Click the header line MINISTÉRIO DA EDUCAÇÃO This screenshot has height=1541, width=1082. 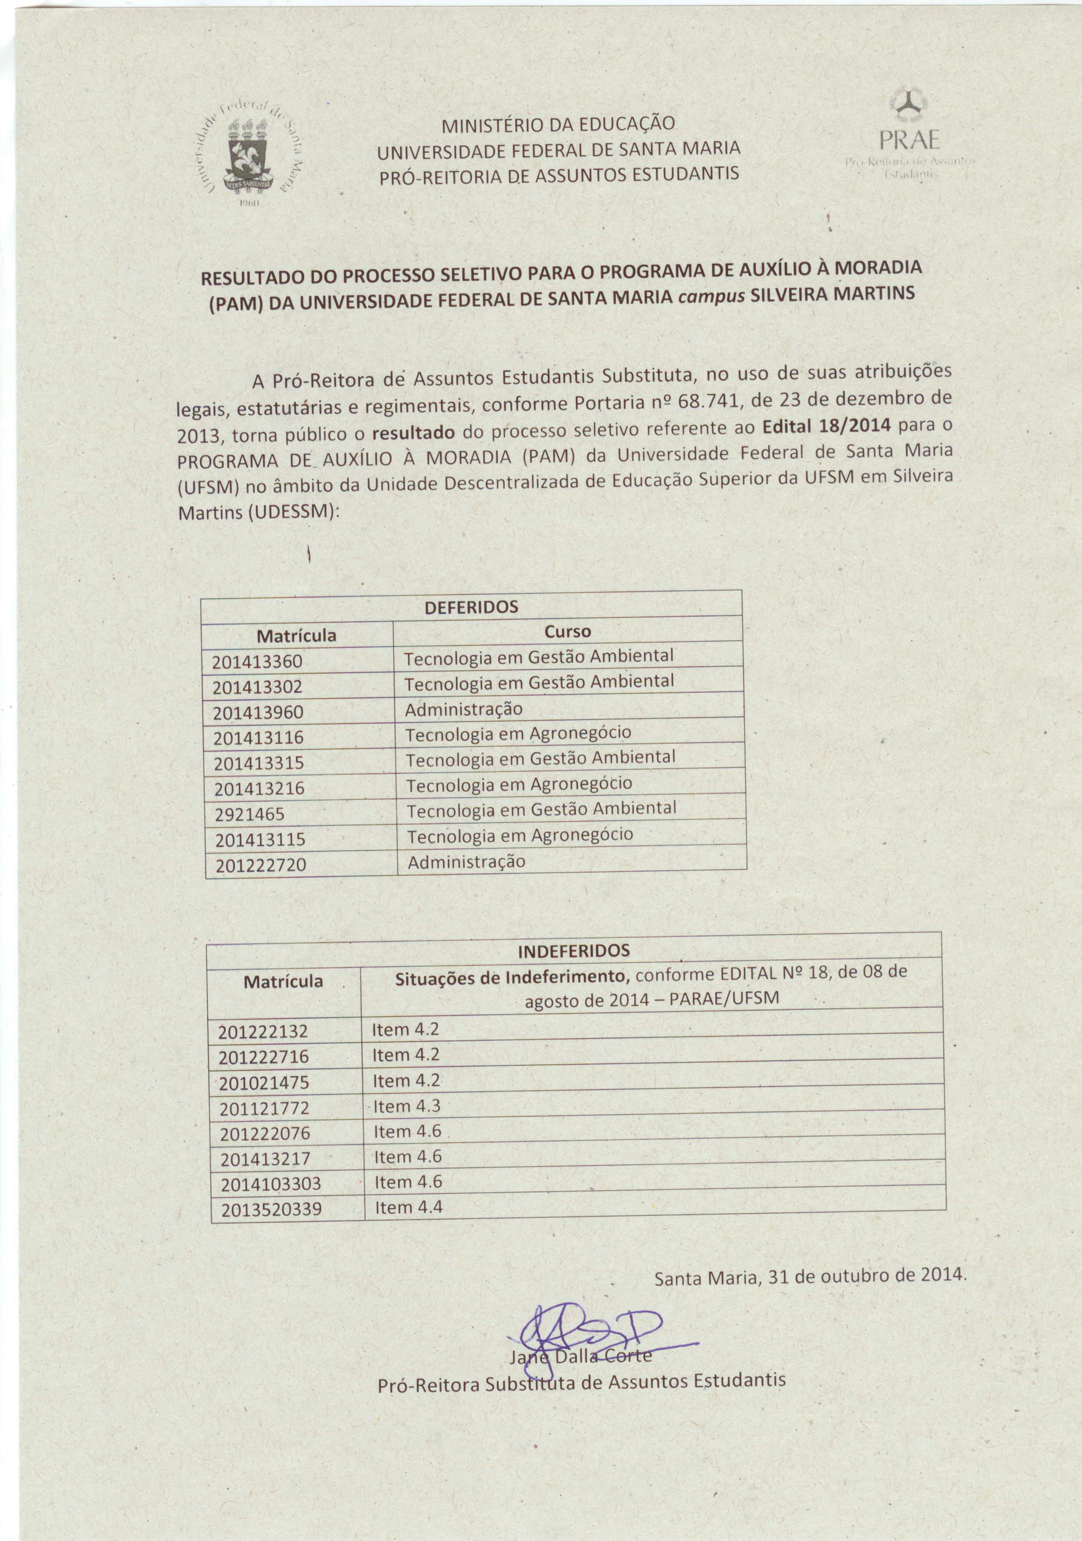(x=557, y=125)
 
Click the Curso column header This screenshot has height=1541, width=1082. (x=567, y=632)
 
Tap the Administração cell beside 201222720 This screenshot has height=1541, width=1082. (x=466, y=862)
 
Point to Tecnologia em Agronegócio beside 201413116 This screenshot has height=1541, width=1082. (x=518, y=733)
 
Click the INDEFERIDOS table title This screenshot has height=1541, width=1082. (x=574, y=951)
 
